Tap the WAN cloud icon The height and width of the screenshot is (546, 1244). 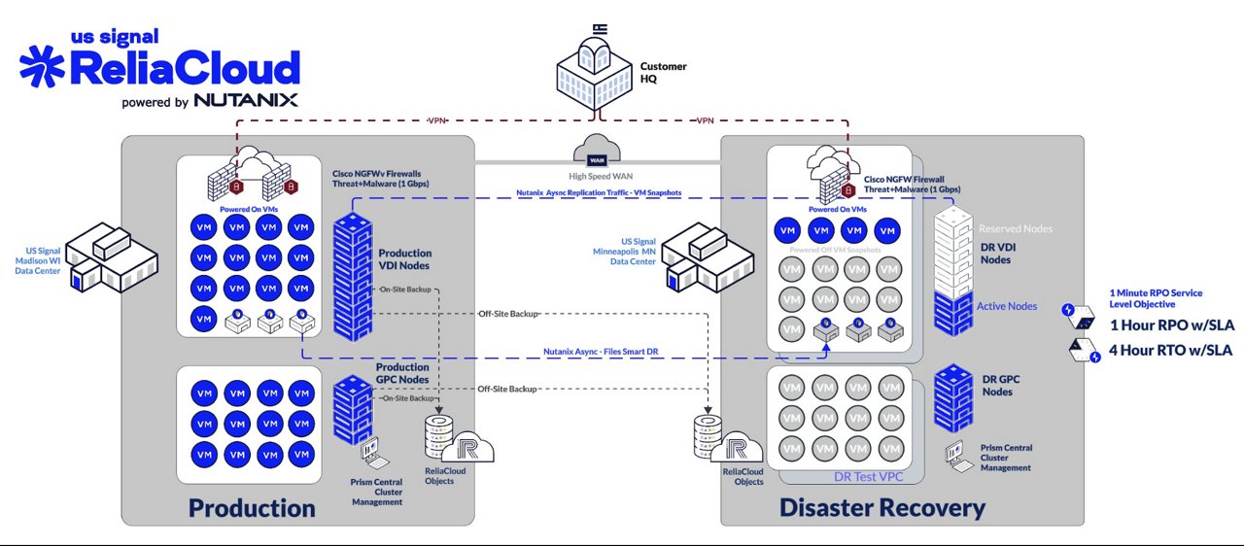(592, 153)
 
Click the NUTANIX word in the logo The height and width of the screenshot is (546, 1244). (246, 100)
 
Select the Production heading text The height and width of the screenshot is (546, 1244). (252, 508)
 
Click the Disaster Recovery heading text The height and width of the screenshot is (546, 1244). (881, 507)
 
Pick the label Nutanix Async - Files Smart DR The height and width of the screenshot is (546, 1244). (596, 351)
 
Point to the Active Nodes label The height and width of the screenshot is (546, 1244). (1006, 306)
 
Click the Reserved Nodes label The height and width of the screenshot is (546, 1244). (1016, 228)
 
